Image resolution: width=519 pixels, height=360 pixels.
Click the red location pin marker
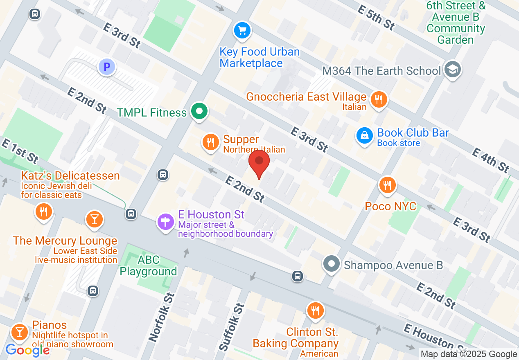point(259,162)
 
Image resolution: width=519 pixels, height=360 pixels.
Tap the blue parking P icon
point(107,67)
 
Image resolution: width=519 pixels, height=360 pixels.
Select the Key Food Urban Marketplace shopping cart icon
point(242,30)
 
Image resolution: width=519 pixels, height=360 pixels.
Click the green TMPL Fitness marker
point(199,111)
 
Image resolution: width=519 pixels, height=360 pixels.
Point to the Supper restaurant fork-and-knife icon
point(210,142)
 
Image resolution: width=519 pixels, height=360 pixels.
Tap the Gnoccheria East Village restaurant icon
point(379,99)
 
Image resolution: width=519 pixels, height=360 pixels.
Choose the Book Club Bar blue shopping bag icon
point(364,135)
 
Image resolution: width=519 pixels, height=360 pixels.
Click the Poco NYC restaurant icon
point(387,185)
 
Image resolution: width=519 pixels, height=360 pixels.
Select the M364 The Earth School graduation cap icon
point(453,69)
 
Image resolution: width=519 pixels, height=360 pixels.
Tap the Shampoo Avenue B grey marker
point(332,263)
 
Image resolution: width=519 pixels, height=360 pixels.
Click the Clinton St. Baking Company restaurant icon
point(315,311)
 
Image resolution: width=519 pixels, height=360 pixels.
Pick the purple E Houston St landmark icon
point(166,222)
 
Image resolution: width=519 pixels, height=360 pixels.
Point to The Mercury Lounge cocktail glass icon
point(94,219)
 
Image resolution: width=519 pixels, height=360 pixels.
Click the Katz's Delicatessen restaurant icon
point(43,211)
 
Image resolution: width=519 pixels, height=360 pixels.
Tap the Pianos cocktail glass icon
point(19,331)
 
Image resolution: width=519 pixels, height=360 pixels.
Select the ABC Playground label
point(148,266)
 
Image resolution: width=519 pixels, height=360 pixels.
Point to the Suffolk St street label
point(232,327)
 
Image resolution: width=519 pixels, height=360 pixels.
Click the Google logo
point(28,350)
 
